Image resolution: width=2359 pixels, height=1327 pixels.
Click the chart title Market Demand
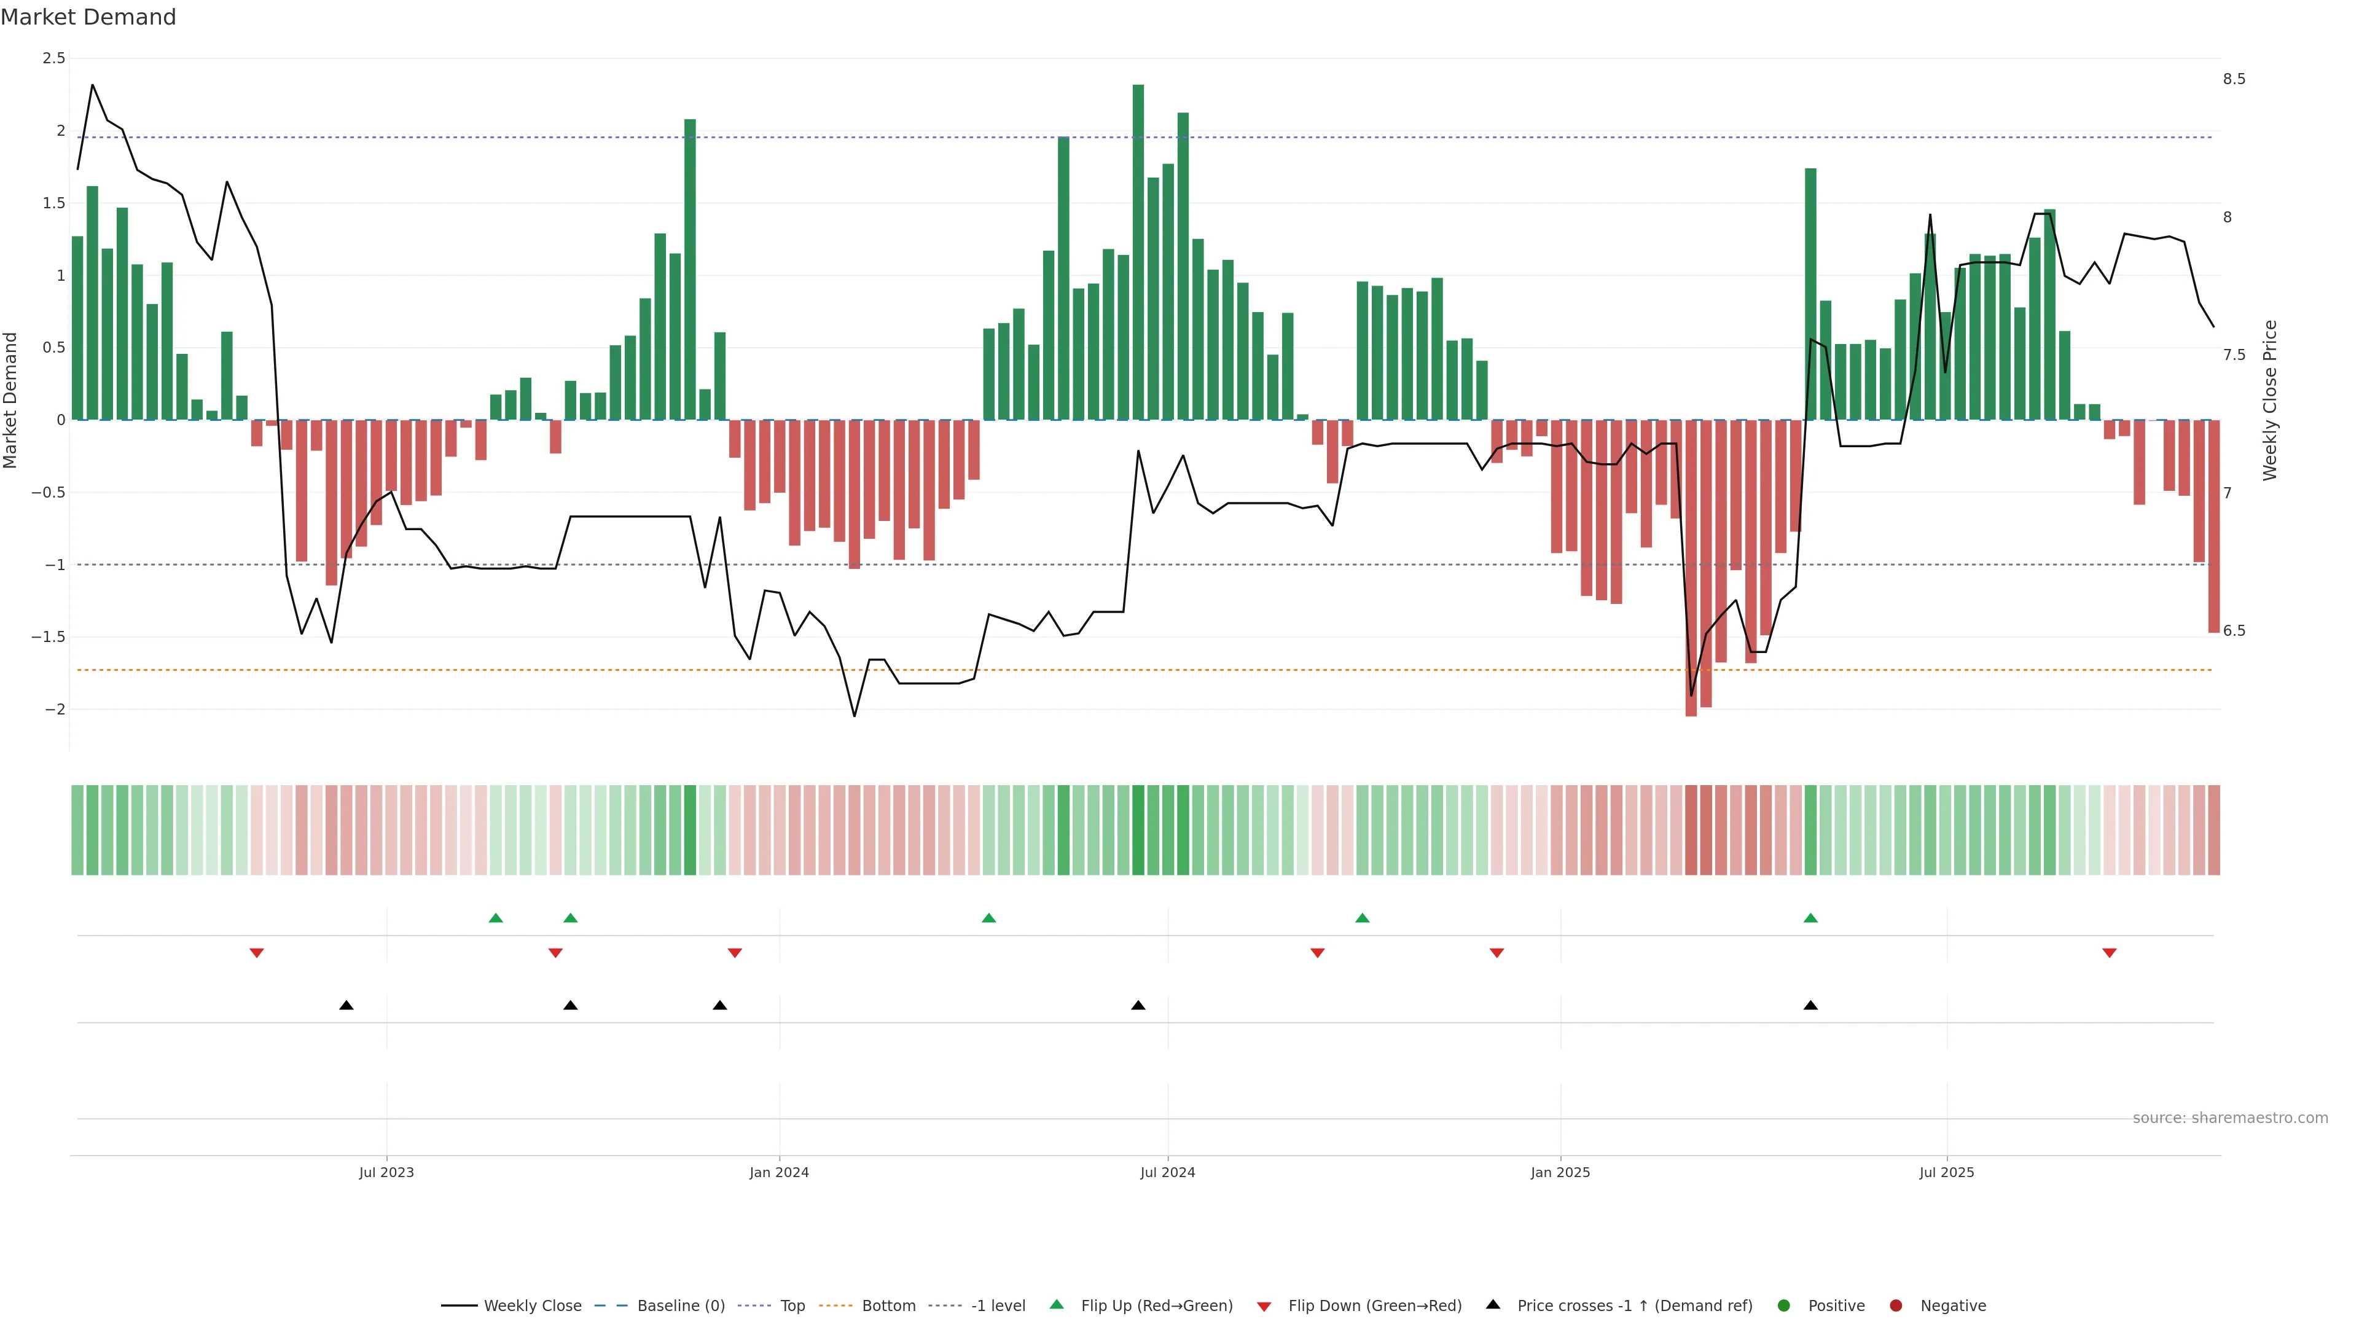click(x=88, y=17)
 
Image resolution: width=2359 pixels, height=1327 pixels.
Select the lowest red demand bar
click(x=1691, y=568)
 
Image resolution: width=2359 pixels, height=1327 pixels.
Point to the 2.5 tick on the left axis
click(x=54, y=58)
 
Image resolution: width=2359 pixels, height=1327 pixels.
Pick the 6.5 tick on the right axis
click(x=2234, y=631)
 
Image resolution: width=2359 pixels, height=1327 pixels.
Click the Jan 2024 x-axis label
click(x=778, y=1172)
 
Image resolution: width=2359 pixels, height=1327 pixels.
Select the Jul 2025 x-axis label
click(x=1946, y=1172)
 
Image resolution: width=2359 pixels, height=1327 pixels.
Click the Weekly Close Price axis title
click(x=2269, y=400)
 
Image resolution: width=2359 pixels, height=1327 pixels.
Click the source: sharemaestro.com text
click(x=2230, y=1118)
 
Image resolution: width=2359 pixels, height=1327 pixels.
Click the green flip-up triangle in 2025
click(x=1810, y=918)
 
